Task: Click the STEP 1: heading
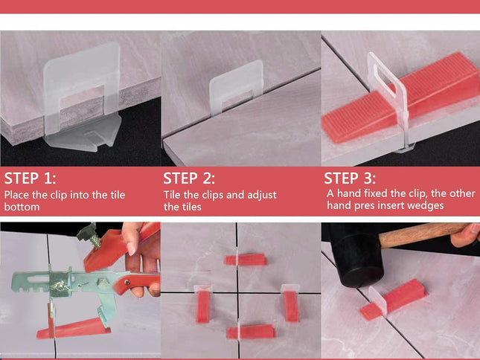point(31,179)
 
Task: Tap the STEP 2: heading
point(190,179)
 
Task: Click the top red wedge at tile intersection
point(245,260)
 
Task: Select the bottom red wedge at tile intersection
point(251,332)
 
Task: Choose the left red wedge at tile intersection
point(203,304)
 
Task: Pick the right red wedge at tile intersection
point(291,305)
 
